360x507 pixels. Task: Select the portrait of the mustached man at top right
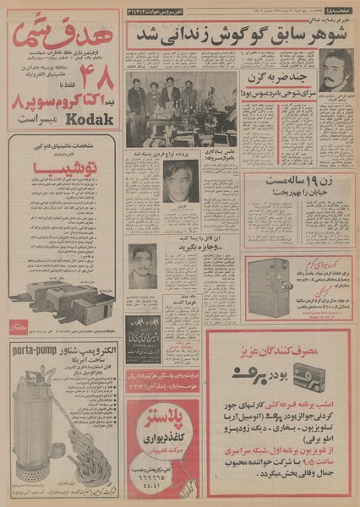(x=335, y=70)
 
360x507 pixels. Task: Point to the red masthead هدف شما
(x=64, y=35)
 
